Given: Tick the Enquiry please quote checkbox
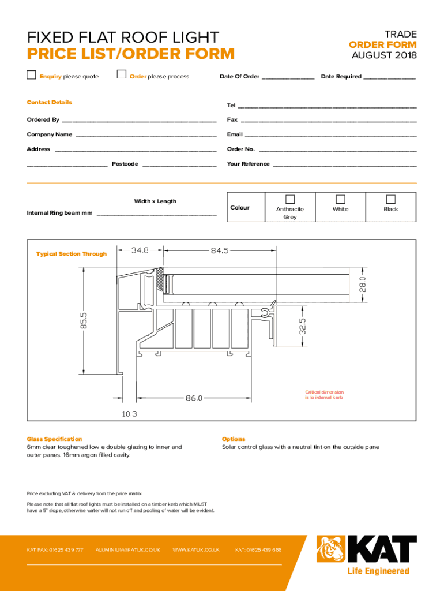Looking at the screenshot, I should (x=32, y=74).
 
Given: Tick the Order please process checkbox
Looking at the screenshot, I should (x=121, y=74).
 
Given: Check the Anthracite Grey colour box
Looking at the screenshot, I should (x=290, y=199).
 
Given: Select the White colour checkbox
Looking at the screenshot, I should (x=340, y=199).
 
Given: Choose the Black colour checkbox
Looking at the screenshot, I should (x=390, y=199).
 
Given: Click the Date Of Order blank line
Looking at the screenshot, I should (x=288, y=77).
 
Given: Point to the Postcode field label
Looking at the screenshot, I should (x=125, y=164).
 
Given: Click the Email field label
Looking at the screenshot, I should (x=235, y=134).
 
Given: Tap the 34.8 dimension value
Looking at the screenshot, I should (x=140, y=250).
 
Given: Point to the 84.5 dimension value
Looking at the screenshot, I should (x=220, y=250).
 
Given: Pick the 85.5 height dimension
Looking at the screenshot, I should (x=84, y=322).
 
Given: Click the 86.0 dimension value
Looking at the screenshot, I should (x=194, y=398).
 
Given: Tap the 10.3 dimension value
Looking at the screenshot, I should (x=130, y=414).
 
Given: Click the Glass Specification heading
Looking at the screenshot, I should (x=54, y=439).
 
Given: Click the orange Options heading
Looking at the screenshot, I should (x=234, y=439).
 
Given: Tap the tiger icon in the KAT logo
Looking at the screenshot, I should (x=330, y=549).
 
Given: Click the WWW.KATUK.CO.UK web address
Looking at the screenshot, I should (x=196, y=550).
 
